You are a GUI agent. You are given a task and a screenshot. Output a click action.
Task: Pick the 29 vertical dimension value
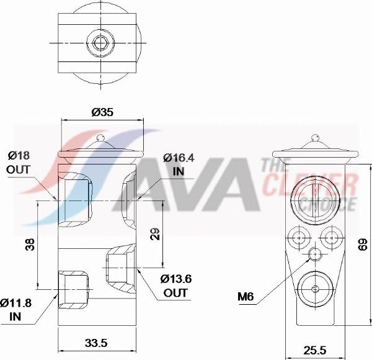tap(156, 234)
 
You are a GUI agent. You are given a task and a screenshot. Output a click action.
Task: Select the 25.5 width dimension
tap(315, 350)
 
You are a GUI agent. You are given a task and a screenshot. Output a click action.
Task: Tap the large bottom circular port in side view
tap(316, 289)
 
